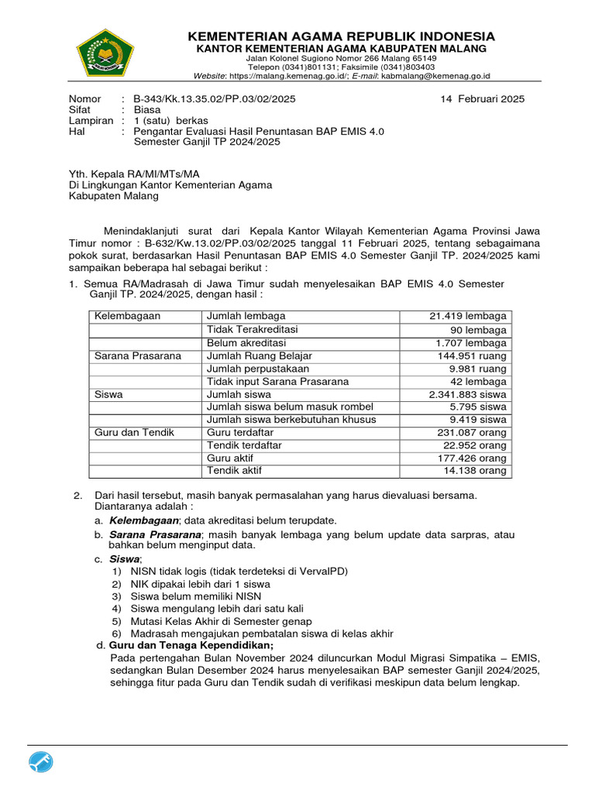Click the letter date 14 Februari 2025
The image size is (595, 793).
[482, 98]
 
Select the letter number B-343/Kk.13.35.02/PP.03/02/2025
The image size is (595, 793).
[214, 98]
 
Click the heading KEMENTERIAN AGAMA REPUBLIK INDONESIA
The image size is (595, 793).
[340, 36]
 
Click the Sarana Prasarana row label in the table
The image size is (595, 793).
[137, 355]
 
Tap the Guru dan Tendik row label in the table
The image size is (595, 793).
[133, 433]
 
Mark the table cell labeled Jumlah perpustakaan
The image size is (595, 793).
[257, 369]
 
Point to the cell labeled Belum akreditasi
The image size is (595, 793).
[246, 342]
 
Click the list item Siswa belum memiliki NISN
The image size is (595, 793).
[196, 596]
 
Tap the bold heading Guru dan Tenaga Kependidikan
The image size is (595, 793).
[191, 645]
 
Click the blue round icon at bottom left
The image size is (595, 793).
[41, 762]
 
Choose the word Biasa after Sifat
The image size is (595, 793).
[146, 110]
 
